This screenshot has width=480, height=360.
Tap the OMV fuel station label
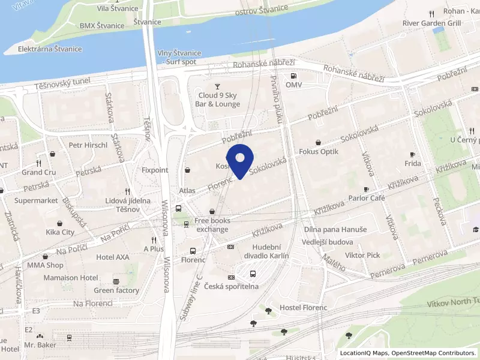pos(293,85)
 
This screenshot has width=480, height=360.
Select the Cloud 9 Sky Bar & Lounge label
pos(219,100)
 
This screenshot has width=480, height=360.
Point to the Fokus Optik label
pos(319,152)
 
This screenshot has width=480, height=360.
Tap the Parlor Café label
pos(366,198)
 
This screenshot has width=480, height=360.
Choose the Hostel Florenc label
pos(304,308)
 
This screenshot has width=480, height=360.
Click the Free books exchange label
pos(212,225)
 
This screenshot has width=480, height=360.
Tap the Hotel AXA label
pos(112,257)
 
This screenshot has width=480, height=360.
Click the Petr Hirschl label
pos(88,145)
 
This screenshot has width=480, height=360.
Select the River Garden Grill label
pos(431,23)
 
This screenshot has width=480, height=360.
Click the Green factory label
pos(116,290)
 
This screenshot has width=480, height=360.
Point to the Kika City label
pos(60,232)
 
